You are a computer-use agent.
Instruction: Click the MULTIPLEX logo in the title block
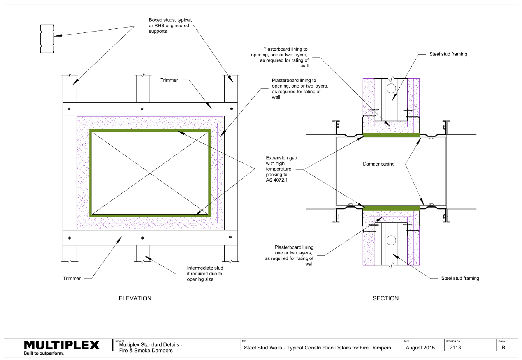coord(62,345)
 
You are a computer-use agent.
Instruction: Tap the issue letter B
coord(503,347)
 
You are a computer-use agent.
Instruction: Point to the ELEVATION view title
coord(135,298)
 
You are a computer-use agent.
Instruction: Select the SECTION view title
coord(385,298)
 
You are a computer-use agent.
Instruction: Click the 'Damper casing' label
coord(379,164)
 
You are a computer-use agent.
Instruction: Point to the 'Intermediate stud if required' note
coord(205,274)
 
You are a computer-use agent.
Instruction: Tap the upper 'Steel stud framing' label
coord(448,55)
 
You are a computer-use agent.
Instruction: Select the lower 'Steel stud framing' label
coord(460,278)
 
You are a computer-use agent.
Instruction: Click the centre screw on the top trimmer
coord(142,108)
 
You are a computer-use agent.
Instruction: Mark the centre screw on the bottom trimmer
coord(142,238)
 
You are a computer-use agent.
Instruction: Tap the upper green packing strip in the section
coord(391,135)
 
